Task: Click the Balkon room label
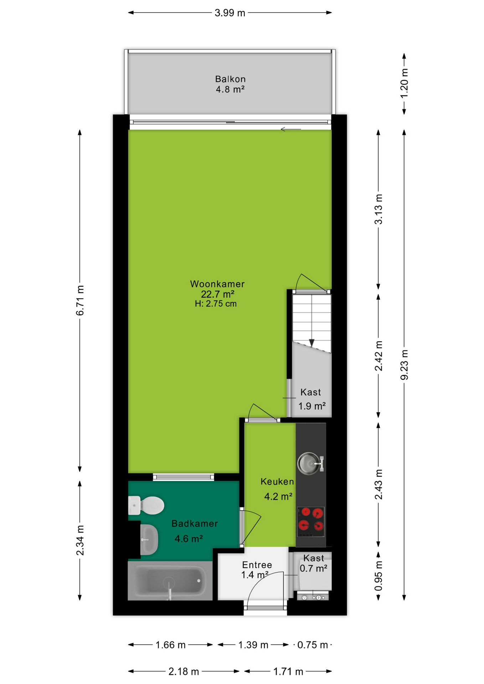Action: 230,79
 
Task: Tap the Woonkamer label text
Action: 217,284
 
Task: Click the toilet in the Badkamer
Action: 146,505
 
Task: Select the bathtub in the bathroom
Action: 170,581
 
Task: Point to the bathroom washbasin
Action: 149,539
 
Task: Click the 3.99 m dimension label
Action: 230,13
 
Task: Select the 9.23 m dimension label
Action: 404,365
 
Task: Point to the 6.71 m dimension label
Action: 80,300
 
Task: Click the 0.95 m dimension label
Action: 379,576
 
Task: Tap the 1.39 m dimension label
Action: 253,645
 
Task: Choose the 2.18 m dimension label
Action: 184,672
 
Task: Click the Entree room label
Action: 257,565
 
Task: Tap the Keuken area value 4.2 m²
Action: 278,496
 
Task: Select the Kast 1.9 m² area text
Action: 312,406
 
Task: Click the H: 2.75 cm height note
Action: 216,304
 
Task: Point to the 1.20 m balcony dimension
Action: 404,83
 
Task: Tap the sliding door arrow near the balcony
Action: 291,129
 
